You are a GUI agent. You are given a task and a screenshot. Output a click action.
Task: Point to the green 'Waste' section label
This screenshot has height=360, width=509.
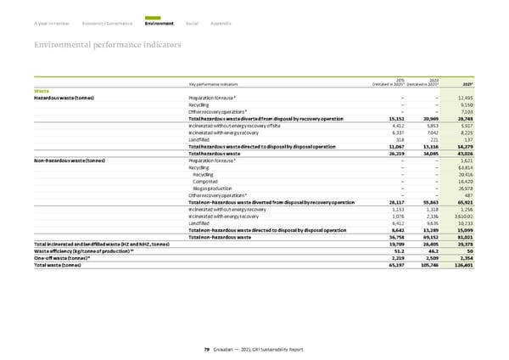41,90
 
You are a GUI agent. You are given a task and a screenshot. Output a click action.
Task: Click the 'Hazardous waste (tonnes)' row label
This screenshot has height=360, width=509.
64,98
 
